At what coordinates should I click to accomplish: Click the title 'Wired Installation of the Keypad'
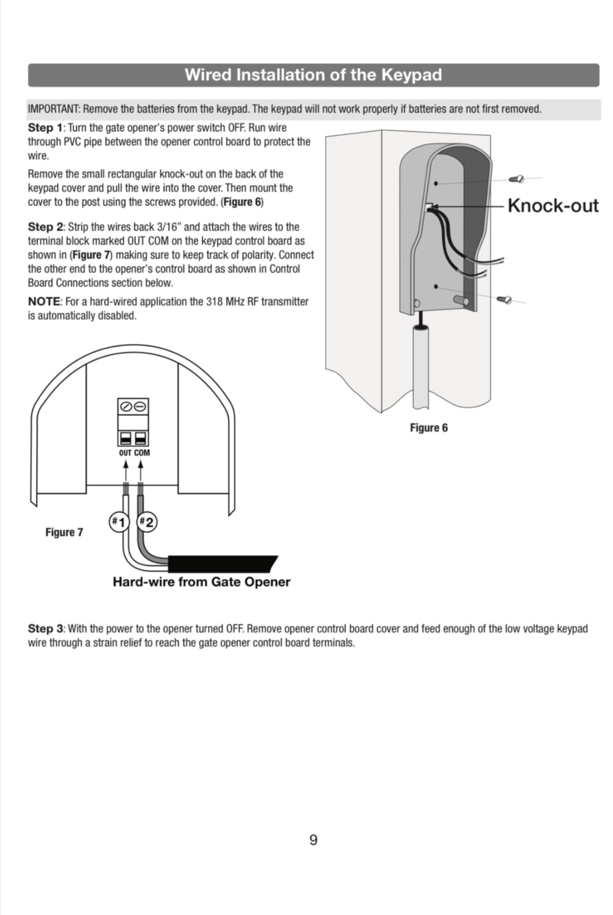(313, 75)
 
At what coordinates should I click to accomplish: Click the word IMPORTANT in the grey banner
(53, 109)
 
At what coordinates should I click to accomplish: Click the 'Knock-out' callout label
(553, 206)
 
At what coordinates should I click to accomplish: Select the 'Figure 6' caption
(429, 428)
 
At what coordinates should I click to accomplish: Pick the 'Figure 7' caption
(64, 532)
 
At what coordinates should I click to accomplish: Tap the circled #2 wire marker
(146, 522)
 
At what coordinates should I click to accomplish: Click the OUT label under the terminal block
(125, 453)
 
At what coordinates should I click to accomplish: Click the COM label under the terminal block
(142, 453)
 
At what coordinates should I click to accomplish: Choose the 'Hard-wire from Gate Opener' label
(201, 582)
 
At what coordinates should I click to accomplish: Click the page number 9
(313, 840)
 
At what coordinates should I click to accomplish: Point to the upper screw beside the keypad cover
(516, 179)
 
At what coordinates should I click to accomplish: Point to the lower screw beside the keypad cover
(505, 299)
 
